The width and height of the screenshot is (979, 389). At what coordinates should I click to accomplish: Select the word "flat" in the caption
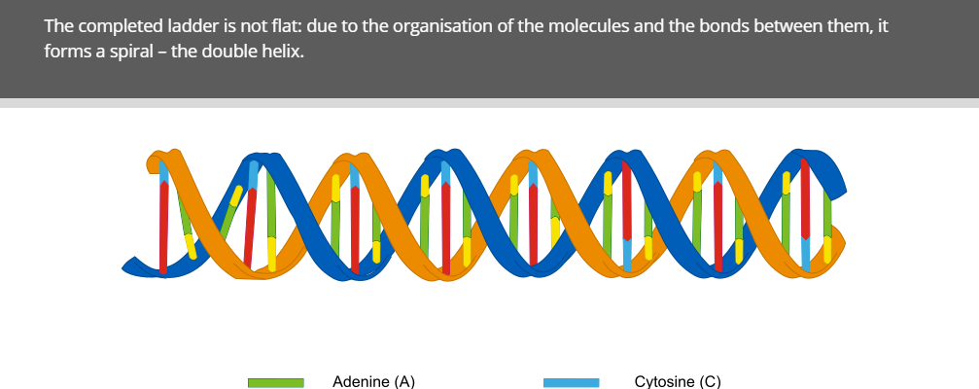[x=287, y=26]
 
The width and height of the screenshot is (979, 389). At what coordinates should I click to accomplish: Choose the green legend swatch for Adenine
[x=276, y=383]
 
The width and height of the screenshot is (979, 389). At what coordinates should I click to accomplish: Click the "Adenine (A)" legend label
[x=373, y=381]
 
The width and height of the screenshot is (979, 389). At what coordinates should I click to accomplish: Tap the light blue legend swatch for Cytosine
[x=572, y=383]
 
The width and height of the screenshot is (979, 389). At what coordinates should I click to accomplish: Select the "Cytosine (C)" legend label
[x=678, y=381]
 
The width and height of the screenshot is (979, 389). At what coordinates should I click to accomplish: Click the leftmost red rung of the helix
[x=163, y=226]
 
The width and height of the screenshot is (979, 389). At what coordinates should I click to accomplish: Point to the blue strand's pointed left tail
[x=123, y=269]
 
